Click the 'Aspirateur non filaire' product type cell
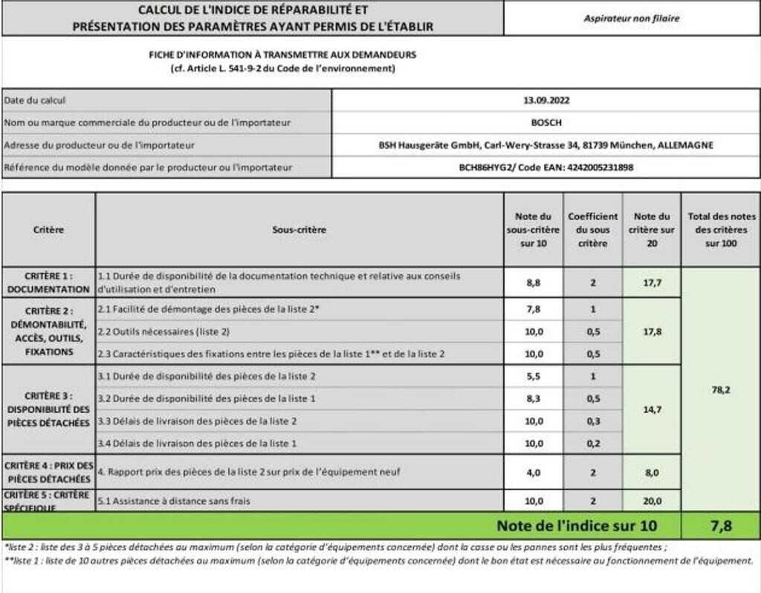pos(631,19)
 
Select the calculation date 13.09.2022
pos(546,100)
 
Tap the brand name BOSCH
pos(546,123)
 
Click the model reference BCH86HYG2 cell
pos(546,168)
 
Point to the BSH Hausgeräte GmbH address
pos(546,146)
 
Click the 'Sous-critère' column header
pos(299,230)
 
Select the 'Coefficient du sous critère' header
pos(592,230)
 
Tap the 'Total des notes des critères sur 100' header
pos(720,230)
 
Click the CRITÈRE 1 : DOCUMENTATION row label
pos(48,282)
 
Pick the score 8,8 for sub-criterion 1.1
pos(534,283)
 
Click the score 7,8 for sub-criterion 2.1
pos(534,309)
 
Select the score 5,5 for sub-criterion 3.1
pos(534,377)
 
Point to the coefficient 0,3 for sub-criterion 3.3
pos(592,421)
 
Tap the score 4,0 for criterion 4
pos(534,472)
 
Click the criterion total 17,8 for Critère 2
pos(652,331)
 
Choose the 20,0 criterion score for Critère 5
pos(652,501)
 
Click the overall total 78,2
pos(720,389)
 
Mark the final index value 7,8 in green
pos(720,526)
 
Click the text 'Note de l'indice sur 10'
pos(577,526)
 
